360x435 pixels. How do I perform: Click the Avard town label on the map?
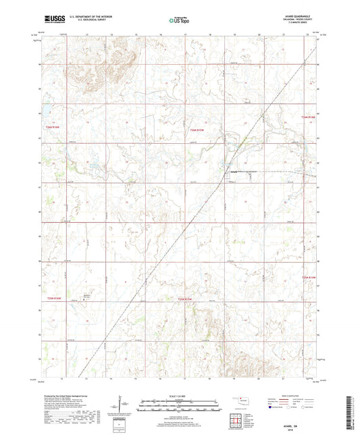(234, 172)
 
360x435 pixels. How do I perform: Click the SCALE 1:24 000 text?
(179, 395)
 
